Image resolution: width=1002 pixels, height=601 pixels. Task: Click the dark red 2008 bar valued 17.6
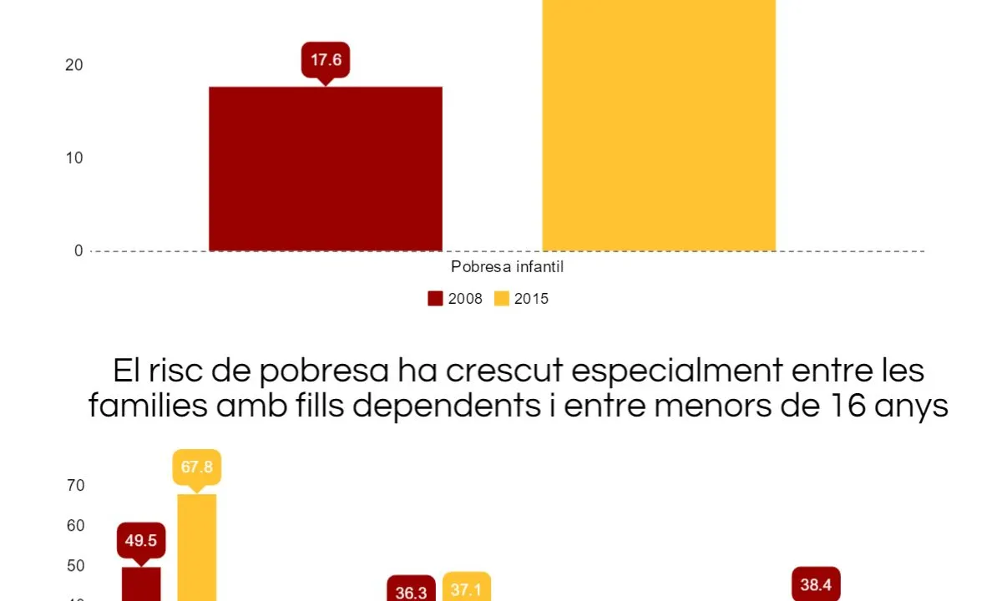pyautogui.click(x=325, y=168)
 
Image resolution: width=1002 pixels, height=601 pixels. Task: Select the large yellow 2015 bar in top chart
pyautogui.click(x=658, y=125)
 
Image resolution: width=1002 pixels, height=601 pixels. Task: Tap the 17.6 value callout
pyautogui.click(x=326, y=60)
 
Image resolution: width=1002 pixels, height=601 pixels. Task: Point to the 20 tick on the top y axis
pyautogui.click(x=74, y=65)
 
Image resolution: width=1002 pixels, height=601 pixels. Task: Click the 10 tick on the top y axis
pyautogui.click(x=74, y=158)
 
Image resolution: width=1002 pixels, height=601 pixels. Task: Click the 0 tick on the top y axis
pyautogui.click(x=78, y=250)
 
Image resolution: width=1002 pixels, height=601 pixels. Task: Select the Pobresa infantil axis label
pyautogui.click(x=508, y=267)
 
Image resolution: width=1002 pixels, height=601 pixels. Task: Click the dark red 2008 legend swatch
pyautogui.click(x=435, y=299)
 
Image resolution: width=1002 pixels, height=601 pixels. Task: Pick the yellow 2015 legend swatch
pyautogui.click(x=502, y=299)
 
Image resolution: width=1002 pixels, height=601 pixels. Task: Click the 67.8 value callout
pyautogui.click(x=197, y=467)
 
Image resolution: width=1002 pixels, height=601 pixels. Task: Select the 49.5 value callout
pyautogui.click(x=141, y=540)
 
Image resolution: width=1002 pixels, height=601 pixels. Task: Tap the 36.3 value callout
pyautogui.click(x=411, y=591)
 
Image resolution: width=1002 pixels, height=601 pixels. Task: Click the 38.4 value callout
pyautogui.click(x=815, y=585)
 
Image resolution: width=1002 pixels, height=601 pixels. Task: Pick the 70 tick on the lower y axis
pyautogui.click(x=74, y=485)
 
